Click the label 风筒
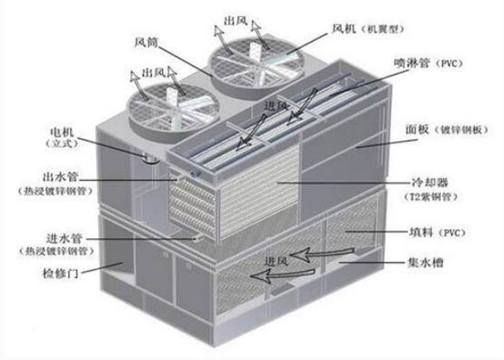[146, 42]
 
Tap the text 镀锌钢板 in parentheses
[459, 130]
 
